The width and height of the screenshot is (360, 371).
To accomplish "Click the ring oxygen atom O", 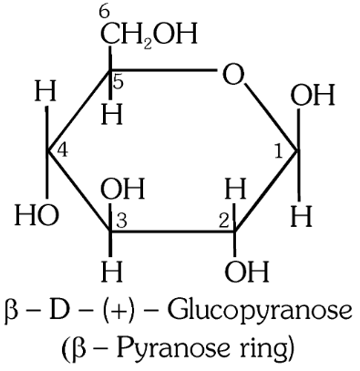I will click(235, 74).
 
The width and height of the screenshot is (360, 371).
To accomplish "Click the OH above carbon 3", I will click(121, 191).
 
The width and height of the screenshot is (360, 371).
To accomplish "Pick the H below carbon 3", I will click(110, 271).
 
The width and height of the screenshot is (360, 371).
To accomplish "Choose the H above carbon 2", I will click(234, 191).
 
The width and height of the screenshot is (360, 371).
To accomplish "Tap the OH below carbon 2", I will click(247, 271).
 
